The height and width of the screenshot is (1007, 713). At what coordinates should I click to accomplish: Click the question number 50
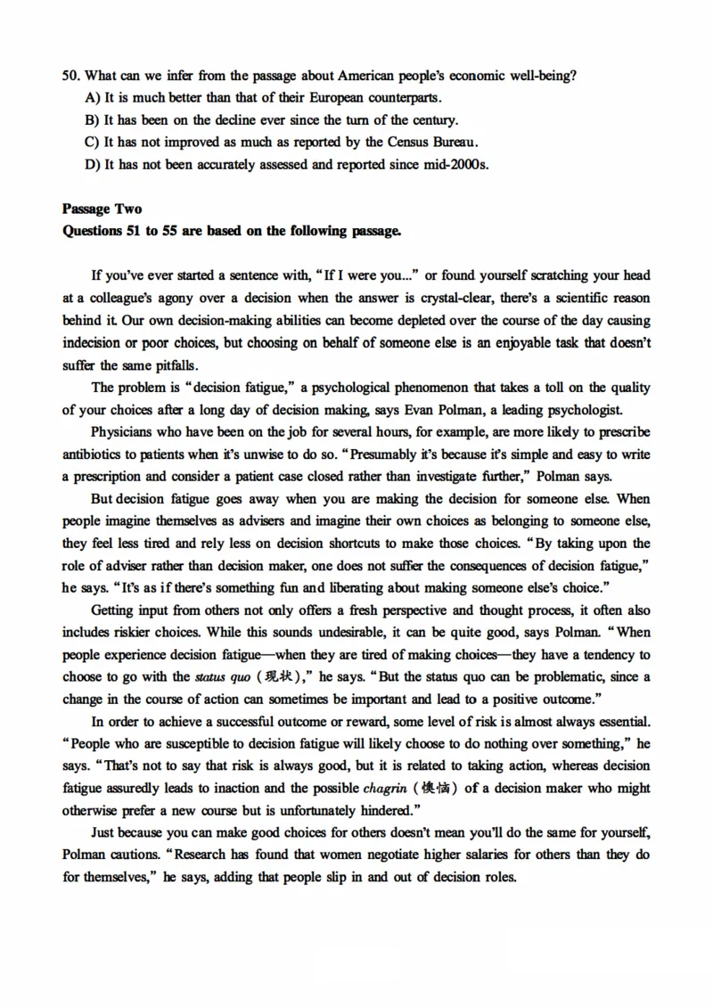coord(70,76)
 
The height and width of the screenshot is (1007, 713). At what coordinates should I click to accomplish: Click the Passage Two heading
coord(102,209)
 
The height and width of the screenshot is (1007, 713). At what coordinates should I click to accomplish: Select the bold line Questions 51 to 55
coord(231,232)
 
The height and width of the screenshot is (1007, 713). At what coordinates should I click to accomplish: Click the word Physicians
coord(123,432)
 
